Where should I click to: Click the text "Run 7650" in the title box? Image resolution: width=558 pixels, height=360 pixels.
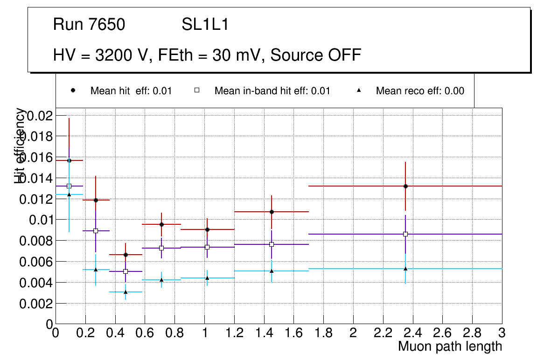89,25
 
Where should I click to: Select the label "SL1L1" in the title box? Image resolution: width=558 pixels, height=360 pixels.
205,25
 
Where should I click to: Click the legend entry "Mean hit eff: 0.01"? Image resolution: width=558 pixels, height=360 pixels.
131,91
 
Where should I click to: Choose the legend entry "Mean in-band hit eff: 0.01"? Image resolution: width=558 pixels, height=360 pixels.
272,91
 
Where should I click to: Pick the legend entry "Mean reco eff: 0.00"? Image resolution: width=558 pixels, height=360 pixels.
420,91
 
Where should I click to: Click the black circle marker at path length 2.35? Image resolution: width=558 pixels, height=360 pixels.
405,186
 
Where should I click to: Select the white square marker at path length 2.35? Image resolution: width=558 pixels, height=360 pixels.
405,234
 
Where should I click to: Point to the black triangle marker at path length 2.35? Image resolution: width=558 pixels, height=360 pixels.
405,269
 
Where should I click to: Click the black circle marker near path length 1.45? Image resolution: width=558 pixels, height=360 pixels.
272,212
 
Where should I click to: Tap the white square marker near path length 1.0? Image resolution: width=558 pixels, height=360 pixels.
207,247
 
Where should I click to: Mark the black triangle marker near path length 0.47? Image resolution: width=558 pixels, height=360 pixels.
126,292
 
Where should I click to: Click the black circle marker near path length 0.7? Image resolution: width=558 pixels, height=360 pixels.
161,224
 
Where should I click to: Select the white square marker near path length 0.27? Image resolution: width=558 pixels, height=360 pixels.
96,231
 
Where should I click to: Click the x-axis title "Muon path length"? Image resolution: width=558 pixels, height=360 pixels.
450,346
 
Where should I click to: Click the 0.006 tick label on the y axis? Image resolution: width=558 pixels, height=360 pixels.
36,262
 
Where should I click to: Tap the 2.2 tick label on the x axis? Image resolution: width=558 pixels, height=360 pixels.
383,333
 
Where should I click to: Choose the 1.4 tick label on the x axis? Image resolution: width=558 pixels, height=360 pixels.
264,333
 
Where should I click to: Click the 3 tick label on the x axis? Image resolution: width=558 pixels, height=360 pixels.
502,333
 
